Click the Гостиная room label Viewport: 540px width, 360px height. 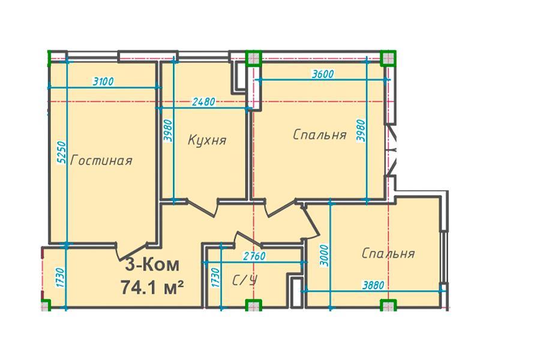[101, 161]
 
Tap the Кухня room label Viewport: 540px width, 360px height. [208, 140]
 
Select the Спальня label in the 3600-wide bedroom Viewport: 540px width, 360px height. [320, 134]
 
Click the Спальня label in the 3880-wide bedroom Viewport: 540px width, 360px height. [388, 254]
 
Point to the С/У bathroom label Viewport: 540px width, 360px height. [245, 281]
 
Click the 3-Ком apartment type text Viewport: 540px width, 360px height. [152, 265]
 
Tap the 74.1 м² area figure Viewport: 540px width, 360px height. [152, 287]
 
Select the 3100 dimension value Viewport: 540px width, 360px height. [103, 82]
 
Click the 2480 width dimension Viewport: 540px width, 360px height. [204, 102]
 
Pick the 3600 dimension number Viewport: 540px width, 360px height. [323, 74]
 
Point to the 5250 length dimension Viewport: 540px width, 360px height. [61, 152]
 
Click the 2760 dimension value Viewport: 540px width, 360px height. [254, 256]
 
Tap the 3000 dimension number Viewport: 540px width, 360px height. [325, 256]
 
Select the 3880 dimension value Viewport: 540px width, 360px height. [373, 286]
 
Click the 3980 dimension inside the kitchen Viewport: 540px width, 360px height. [168, 130]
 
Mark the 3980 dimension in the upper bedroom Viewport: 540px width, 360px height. [361, 130]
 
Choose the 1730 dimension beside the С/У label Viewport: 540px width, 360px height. [215, 278]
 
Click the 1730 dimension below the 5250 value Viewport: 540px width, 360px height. [60, 278]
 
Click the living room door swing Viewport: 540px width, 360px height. [132, 251]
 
